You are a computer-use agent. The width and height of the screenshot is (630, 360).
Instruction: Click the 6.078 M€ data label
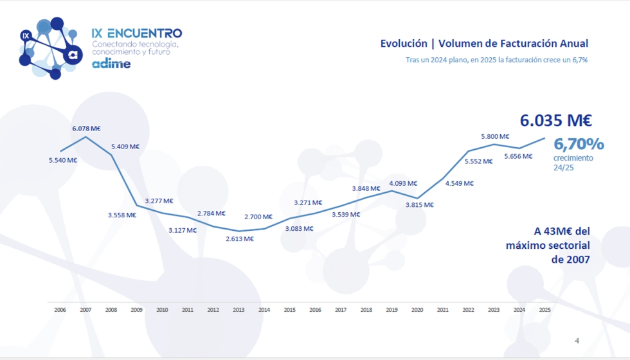[x=86, y=129]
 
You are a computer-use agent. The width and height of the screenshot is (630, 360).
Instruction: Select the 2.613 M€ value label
[x=240, y=239]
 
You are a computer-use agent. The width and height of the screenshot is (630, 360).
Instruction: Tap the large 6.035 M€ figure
[x=556, y=120]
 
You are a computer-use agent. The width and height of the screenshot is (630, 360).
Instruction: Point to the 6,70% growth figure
[x=579, y=143]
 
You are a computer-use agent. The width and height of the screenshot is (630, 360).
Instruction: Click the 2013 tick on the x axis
[x=239, y=310]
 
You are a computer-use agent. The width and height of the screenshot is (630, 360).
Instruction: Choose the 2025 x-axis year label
[x=545, y=310]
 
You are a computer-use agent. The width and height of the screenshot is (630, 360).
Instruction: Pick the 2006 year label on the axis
[x=60, y=310]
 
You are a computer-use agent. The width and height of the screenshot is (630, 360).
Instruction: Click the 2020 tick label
[x=417, y=310]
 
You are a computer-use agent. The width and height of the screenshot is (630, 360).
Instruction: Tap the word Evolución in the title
[x=404, y=44]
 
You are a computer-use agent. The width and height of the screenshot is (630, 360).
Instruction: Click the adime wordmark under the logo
[x=111, y=64]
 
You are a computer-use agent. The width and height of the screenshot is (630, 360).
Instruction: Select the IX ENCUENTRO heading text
[x=137, y=33]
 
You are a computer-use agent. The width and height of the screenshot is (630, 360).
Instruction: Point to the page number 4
[x=577, y=341]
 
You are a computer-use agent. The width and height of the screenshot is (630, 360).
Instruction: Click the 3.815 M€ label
[x=419, y=205]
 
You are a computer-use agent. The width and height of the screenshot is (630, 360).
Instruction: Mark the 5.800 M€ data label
[x=496, y=136]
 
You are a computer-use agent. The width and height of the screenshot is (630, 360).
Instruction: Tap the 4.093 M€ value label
[x=404, y=183]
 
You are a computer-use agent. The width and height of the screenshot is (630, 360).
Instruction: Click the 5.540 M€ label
[x=63, y=160]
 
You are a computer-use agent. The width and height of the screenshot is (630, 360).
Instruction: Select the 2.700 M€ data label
[x=258, y=217]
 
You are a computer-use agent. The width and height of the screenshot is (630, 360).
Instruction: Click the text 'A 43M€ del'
[x=562, y=231]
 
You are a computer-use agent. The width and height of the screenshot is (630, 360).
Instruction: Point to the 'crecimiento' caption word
[x=573, y=158]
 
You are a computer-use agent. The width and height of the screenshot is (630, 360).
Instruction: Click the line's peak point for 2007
[x=85, y=137]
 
